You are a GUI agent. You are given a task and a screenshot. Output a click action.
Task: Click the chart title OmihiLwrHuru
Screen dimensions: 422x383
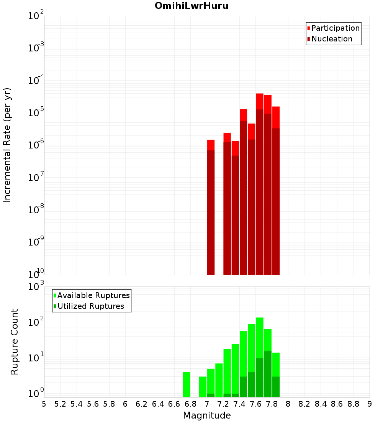(191, 6)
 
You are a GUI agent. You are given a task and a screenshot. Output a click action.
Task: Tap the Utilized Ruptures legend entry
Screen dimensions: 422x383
(90, 306)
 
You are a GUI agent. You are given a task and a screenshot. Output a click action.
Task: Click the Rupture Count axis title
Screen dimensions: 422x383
(15, 342)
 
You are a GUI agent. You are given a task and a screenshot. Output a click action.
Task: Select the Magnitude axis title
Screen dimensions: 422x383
(207, 415)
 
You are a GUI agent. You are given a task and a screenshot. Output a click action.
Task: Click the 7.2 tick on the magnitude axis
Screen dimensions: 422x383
(223, 404)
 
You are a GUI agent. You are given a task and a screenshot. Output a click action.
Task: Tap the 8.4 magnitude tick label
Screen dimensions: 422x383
(321, 404)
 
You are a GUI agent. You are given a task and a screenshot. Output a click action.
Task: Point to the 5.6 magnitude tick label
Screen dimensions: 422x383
(93, 404)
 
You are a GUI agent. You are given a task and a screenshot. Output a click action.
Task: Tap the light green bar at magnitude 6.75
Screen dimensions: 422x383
(187, 384)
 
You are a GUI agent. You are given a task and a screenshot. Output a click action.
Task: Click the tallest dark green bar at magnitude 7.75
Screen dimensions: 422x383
(268, 374)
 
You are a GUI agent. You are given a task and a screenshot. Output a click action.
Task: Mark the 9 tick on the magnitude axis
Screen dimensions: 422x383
(370, 404)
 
